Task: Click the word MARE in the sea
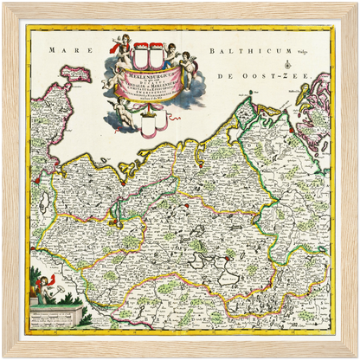click(63, 50)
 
